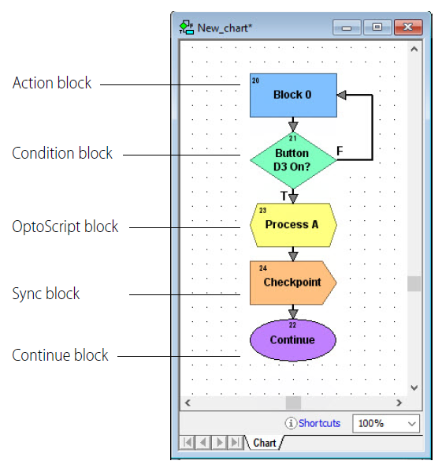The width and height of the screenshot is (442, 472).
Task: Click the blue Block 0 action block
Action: [293, 95]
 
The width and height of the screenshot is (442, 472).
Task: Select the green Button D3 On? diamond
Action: [292, 160]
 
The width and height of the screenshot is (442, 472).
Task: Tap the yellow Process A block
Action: [292, 224]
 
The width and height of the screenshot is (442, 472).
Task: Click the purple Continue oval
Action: [292, 340]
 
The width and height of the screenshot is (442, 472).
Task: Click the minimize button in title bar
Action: [346, 28]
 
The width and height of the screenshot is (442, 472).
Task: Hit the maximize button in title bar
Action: [377, 28]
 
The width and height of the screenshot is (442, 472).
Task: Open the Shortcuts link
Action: [319, 423]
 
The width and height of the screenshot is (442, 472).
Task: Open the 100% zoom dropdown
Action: [386, 423]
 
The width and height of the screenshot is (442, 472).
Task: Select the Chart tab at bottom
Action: [265, 443]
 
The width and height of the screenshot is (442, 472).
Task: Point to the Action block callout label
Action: [52, 83]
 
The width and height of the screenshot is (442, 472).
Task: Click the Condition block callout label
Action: [62, 153]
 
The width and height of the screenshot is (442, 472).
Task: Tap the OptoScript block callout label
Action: [65, 227]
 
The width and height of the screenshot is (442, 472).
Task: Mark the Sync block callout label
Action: [46, 294]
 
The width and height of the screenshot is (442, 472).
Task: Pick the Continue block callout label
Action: [60, 355]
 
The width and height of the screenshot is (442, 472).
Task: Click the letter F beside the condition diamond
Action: [340, 151]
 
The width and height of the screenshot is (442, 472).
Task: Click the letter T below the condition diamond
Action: [283, 196]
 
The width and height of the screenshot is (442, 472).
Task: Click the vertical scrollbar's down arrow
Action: [414, 388]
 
